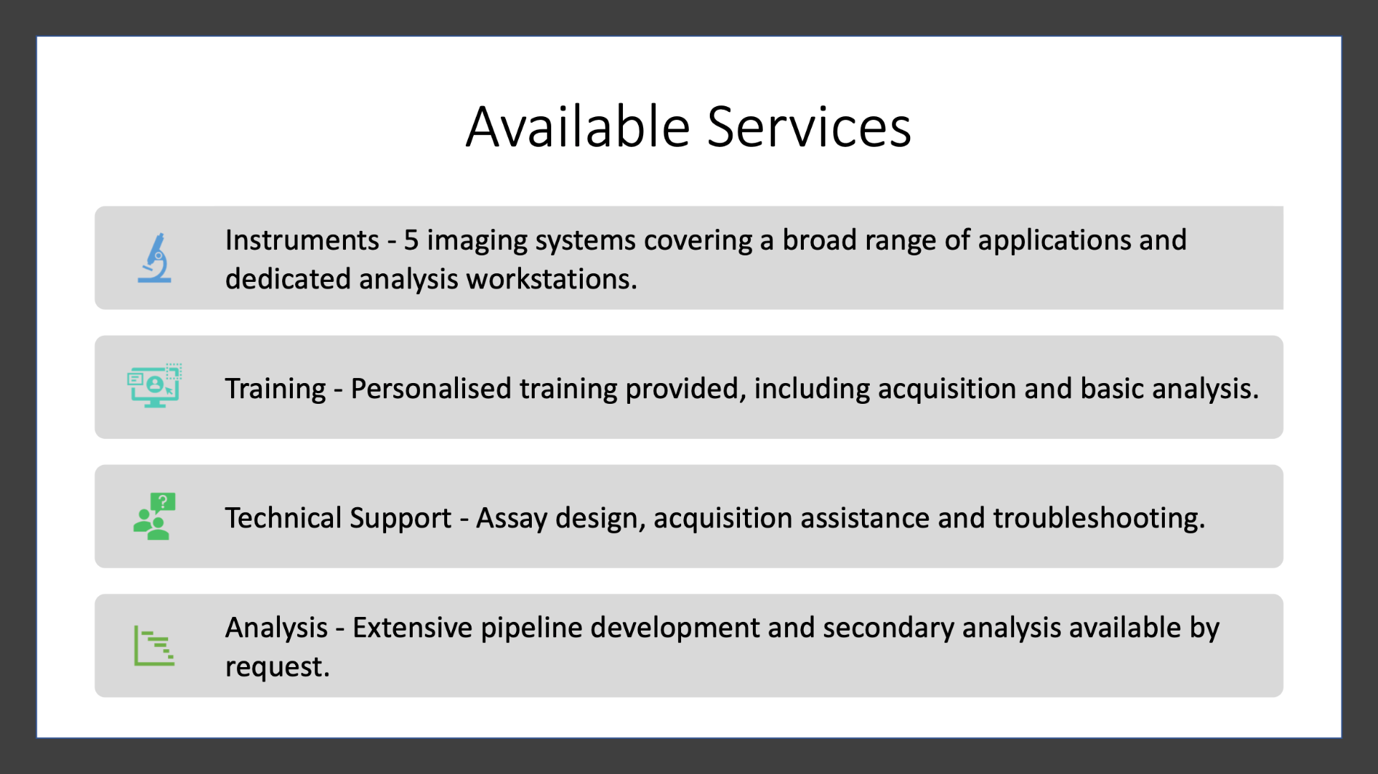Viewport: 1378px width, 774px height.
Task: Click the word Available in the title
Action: [578, 127]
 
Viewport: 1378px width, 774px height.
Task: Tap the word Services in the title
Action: [810, 127]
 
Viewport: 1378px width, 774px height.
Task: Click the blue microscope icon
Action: [155, 258]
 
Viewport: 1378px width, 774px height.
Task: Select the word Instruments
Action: [302, 240]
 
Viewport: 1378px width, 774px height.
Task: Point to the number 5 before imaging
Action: [411, 240]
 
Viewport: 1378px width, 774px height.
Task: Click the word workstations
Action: [552, 279]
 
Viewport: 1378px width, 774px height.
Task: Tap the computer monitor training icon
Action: [154, 386]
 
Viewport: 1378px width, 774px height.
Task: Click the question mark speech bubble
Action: [163, 501]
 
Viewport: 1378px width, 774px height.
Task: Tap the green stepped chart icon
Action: [154, 645]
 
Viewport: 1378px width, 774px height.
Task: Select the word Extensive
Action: [413, 628]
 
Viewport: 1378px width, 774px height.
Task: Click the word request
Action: [277, 668]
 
